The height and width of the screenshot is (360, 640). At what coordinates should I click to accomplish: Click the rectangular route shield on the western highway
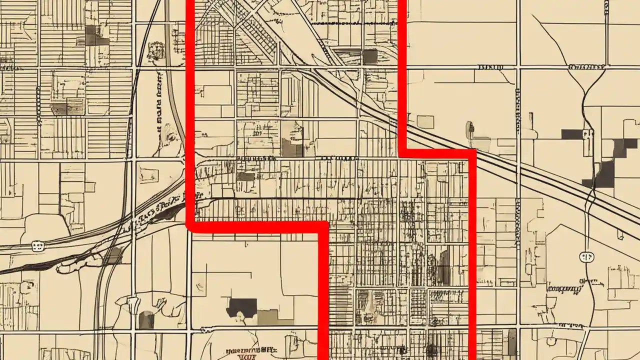point(37,245)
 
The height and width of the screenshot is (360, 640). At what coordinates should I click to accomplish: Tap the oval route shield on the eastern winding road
point(586,257)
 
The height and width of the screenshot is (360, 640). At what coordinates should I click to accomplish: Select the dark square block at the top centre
point(370,56)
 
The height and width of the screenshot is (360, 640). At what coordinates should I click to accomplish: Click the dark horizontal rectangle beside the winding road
point(572,134)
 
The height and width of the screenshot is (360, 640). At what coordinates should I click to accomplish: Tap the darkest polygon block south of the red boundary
point(241,307)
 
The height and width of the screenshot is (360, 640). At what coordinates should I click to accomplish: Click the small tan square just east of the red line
point(425,121)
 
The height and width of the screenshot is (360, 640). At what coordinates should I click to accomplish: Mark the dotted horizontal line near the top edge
point(350,23)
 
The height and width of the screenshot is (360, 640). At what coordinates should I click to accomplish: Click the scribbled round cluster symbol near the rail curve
point(155,50)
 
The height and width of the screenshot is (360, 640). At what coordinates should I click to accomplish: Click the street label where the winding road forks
point(587,66)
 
